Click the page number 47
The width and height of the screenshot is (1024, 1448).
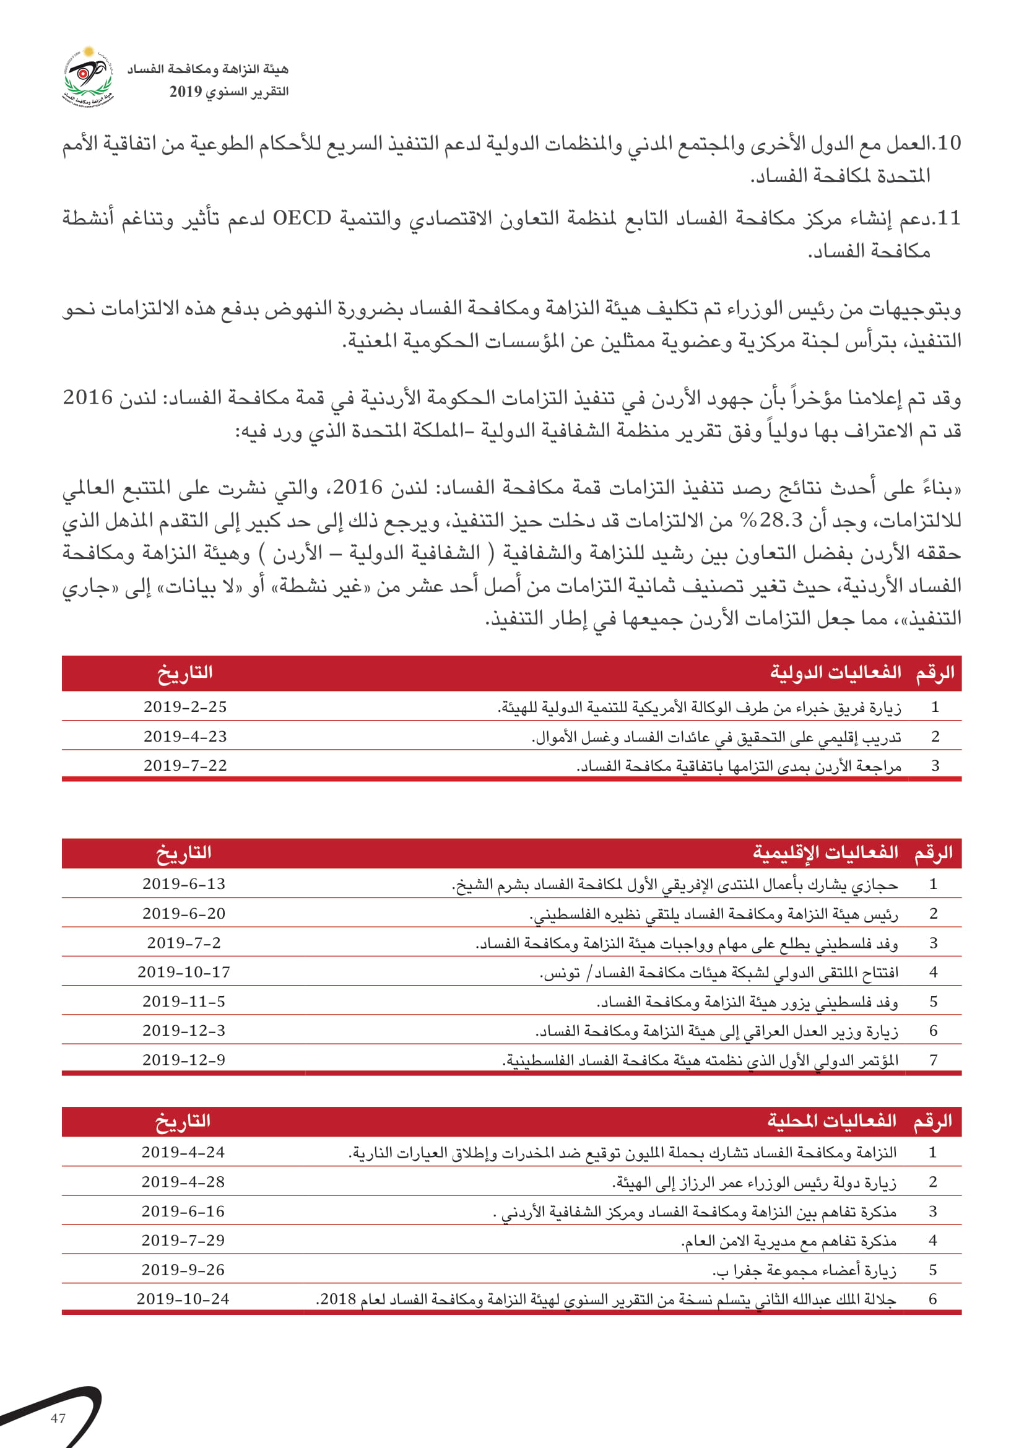coord(58,1418)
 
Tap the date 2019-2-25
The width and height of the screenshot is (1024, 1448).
coord(184,707)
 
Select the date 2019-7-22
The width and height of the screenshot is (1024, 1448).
coord(184,766)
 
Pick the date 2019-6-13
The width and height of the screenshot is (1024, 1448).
coord(183,884)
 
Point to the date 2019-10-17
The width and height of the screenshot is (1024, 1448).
coord(183,973)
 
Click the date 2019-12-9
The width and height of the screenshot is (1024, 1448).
coord(183,1060)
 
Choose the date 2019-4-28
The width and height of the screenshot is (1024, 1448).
coord(183,1182)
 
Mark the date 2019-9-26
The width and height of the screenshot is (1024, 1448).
coord(183,1270)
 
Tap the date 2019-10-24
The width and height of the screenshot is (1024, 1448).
coord(183,1299)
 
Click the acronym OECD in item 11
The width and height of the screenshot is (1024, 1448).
coord(302,218)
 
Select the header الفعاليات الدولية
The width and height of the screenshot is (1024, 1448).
coord(835,672)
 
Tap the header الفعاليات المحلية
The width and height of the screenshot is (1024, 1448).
coord(831,1121)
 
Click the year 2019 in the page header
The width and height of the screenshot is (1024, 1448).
coord(185,92)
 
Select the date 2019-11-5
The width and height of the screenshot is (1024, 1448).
coord(183,1002)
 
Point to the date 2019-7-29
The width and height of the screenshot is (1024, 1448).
coord(183,1241)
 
